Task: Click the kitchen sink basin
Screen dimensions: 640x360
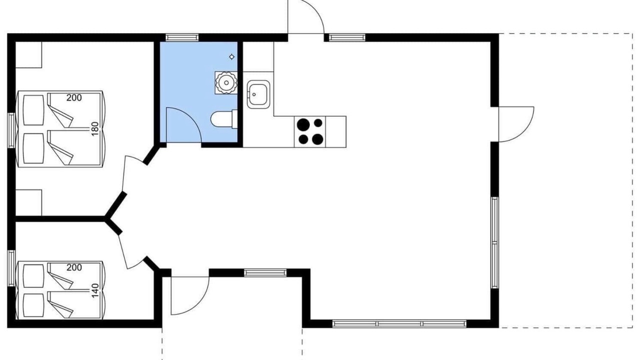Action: coord(258,94)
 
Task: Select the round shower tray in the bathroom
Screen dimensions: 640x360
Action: coord(226,83)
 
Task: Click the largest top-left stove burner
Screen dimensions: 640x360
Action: coord(303,124)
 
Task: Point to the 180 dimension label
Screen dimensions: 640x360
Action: coord(95,129)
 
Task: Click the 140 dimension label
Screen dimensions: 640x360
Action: coord(95,290)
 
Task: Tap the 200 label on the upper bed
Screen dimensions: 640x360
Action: coord(74,97)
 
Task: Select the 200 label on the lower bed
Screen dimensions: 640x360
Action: coord(74,267)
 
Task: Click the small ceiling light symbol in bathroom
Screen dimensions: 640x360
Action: coord(231,57)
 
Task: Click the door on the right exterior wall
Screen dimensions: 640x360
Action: coord(516,124)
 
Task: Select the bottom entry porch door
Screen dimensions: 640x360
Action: coord(190,295)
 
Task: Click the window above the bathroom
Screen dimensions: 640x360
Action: coord(182,37)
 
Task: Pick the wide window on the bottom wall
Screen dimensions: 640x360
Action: coord(399,323)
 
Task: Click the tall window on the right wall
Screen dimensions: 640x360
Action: coord(495,242)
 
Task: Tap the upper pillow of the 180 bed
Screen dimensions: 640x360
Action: coord(33,110)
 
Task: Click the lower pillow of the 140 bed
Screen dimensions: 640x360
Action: coord(33,305)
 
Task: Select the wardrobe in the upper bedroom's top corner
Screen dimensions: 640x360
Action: coord(28,54)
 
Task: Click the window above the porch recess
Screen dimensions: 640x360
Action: coord(265,272)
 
